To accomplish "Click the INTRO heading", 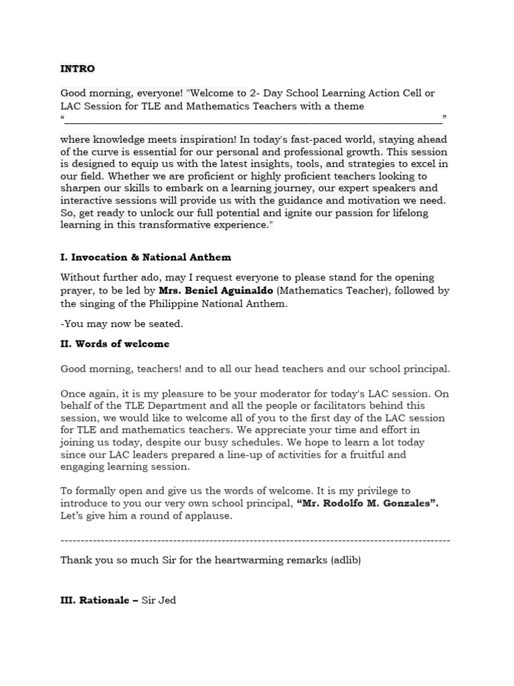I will (x=78, y=68).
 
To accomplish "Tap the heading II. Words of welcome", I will (x=114, y=344).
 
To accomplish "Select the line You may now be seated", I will (x=121, y=324).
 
